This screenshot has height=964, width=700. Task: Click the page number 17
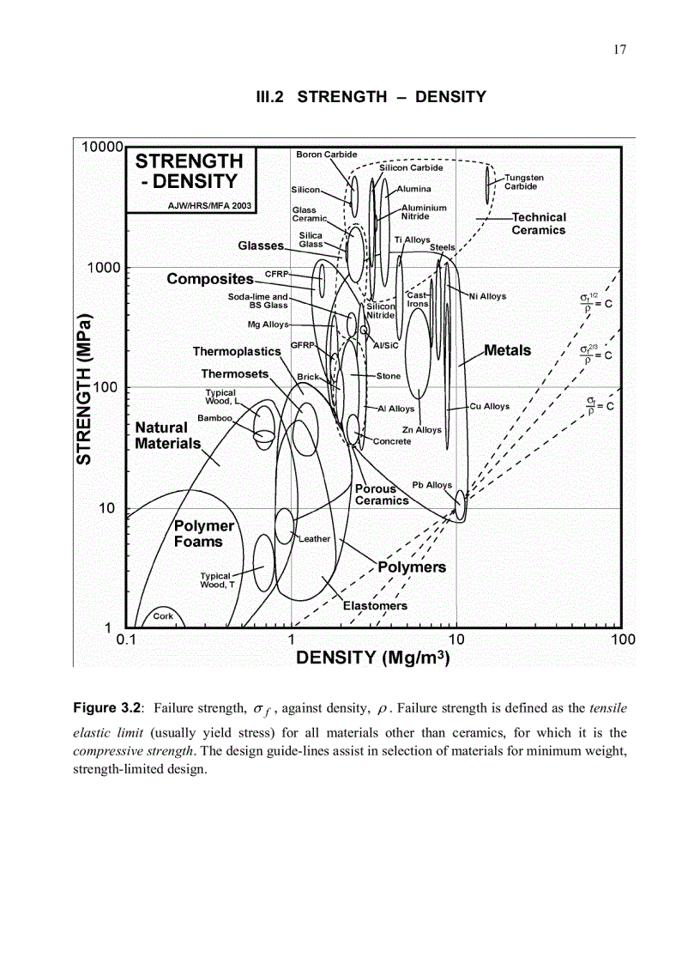pyautogui.click(x=620, y=50)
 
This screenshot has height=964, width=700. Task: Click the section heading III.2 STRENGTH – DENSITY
pyautogui.click(x=371, y=97)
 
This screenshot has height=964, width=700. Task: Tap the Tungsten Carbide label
pyautogui.click(x=523, y=182)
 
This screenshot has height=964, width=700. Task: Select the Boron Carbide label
pyautogui.click(x=326, y=155)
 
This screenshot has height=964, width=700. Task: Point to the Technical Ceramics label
pyautogui.click(x=539, y=224)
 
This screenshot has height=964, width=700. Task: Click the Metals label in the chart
pyautogui.click(x=508, y=350)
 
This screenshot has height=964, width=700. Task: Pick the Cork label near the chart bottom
pyautogui.click(x=163, y=616)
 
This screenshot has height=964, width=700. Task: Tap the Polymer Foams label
pyautogui.click(x=203, y=534)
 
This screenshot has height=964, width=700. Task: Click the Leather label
pyautogui.click(x=315, y=539)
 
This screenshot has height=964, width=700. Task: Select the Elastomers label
pyautogui.click(x=375, y=605)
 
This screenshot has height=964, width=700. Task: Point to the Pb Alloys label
pyautogui.click(x=431, y=485)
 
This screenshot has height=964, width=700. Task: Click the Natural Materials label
pyautogui.click(x=167, y=435)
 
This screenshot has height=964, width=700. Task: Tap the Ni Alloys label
pyautogui.click(x=487, y=296)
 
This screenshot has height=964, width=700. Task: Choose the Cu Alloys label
pyautogui.click(x=490, y=406)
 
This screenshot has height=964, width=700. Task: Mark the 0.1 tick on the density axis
pyautogui.click(x=126, y=640)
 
